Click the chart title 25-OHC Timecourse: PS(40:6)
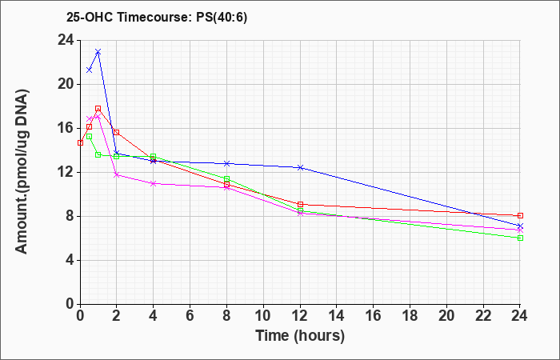point(157,17)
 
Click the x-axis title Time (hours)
point(300,336)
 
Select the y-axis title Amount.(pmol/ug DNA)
point(22,171)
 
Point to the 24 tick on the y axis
point(66,40)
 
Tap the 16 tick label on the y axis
point(66,128)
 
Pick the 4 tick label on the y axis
point(70,260)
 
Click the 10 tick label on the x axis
point(263,316)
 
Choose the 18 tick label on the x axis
point(410,316)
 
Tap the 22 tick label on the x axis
point(483,316)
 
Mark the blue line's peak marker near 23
point(98,52)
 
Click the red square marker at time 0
point(80,143)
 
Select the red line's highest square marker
point(98,108)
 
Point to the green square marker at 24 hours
point(520,238)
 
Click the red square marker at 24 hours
point(520,216)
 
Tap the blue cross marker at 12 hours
point(300,167)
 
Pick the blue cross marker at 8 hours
point(226,163)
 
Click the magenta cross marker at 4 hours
point(154,183)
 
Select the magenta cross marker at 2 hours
point(117,174)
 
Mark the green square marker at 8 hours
point(226,178)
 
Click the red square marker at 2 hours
point(117,133)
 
